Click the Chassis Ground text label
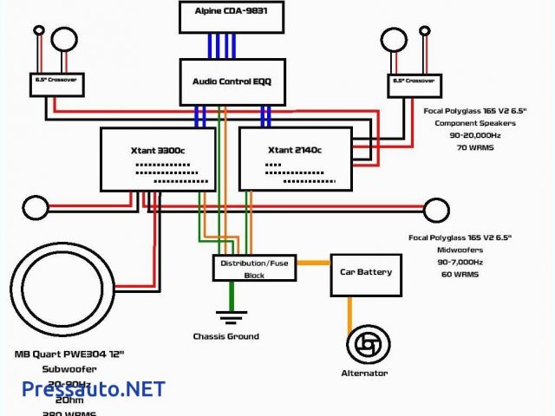[225, 336]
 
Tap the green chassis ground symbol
[231, 314]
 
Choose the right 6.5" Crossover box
[413, 82]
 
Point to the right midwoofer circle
[434, 210]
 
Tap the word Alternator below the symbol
[364, 374]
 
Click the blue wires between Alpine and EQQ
[224, 43]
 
